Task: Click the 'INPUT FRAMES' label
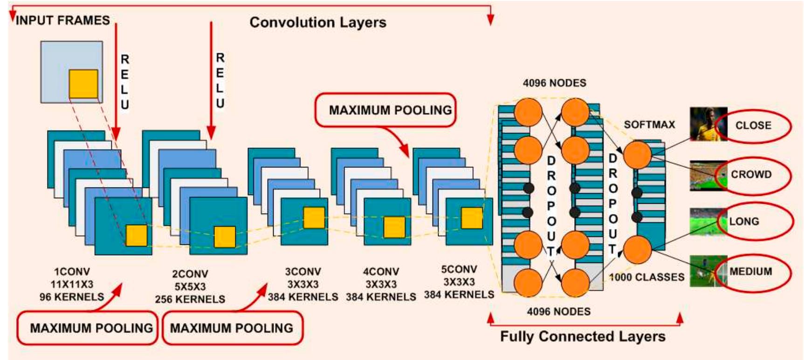tap(63, 21)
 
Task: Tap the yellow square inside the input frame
tap(83, 84)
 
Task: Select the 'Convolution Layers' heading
tap(318, 22)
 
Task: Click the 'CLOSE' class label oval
tap(753, 125)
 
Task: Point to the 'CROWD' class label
tap(751, 174)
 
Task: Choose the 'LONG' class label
tap(744, 222)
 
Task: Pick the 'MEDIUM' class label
tap(750, 271)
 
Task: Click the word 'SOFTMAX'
tap(649, 125)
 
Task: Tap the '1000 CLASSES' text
tap(647, 277)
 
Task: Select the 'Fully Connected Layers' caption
tap(583, 336)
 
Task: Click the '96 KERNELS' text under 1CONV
tap(72, 297)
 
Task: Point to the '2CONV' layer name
tap(190, 274)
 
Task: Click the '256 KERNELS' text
tap(190, 299)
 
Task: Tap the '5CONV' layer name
tap(459, 269)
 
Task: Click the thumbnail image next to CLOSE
tap(708, 124)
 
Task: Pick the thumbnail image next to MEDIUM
tap(708, 270)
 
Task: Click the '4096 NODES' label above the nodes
tap(554, 83)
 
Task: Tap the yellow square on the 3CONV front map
tap(314, 218)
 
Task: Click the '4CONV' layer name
tap(381, 271)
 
